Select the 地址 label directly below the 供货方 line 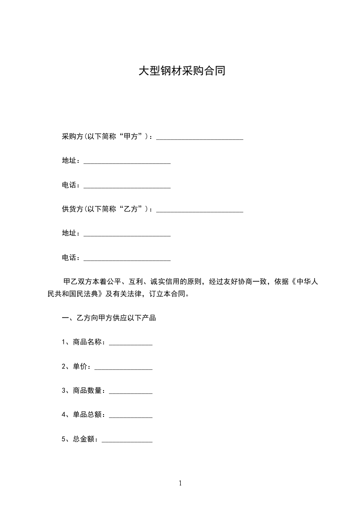(69, 233)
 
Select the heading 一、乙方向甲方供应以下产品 (108, 318)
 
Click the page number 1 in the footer (180, 483)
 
